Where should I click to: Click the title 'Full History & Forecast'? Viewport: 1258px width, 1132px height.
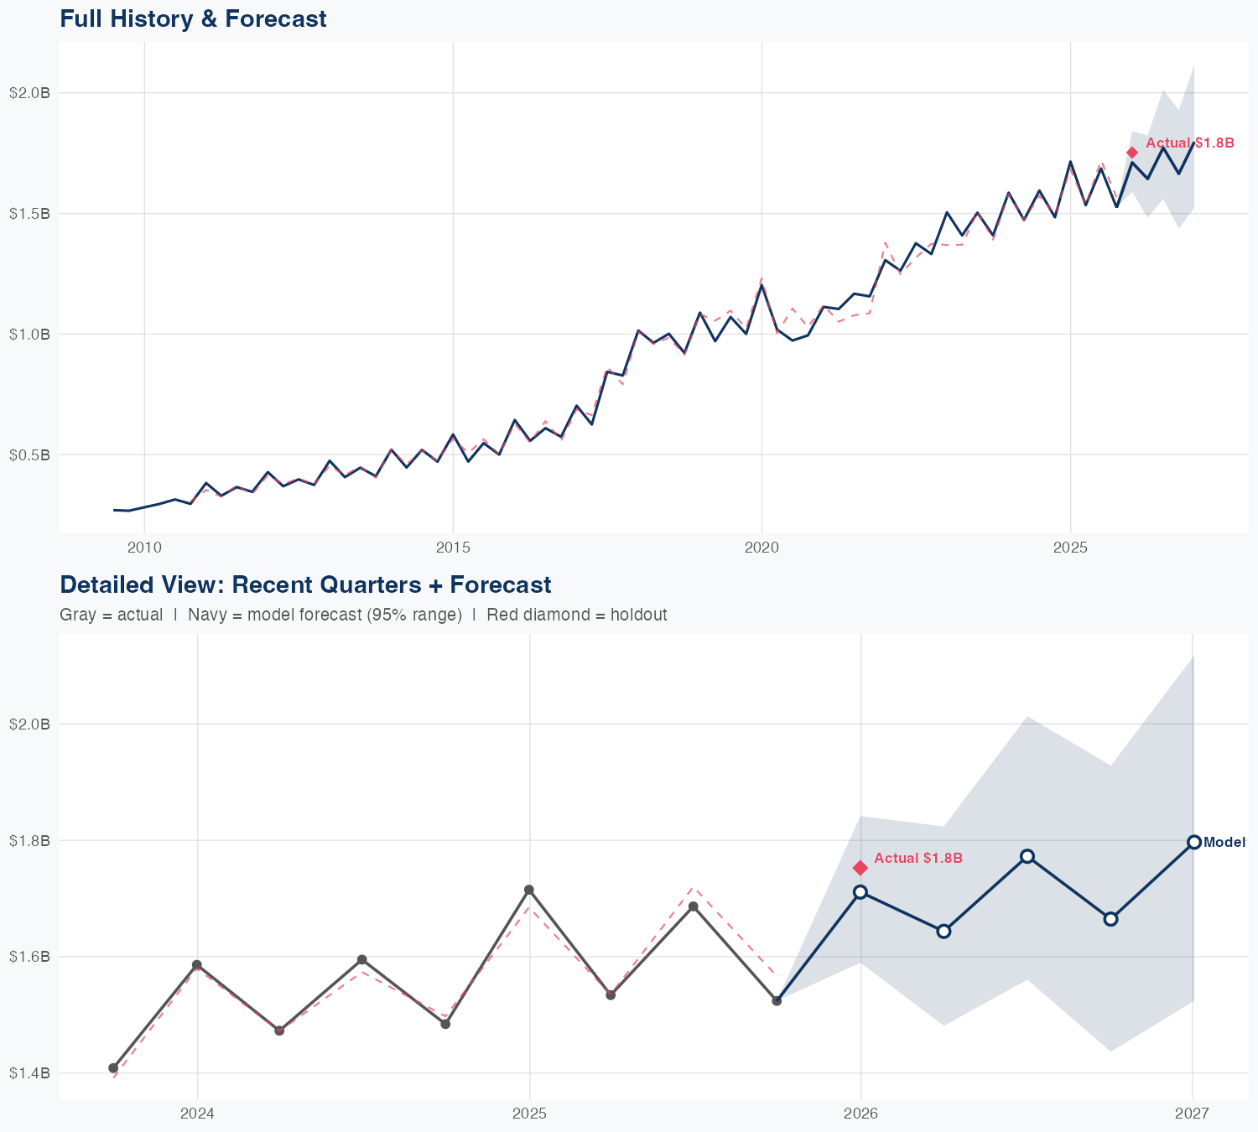(193, 18)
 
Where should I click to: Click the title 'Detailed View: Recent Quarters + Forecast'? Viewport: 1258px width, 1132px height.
(305, 584)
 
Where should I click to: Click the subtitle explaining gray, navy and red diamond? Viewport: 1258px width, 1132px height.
(363, 615)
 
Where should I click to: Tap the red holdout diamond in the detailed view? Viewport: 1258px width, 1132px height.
(860, 868)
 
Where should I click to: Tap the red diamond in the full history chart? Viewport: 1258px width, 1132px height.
(1132, 152)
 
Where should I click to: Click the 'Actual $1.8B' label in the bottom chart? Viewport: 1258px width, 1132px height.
(918, 859)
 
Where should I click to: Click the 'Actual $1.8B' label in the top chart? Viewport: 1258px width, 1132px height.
(1189, 143)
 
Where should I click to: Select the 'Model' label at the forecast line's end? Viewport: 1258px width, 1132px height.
(1224, 843)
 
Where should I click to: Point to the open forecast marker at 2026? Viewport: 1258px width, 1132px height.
(860, 892)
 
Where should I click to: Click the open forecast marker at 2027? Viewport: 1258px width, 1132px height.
(1193, 842)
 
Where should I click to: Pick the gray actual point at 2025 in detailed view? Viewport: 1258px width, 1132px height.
(529, 890)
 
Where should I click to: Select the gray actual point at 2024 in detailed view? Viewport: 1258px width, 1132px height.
(197, 965)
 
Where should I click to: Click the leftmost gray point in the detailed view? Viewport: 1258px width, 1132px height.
(113, 1068)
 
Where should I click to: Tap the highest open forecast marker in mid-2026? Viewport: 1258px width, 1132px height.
(1027, 856)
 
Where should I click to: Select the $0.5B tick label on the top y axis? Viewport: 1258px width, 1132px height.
(30, 455)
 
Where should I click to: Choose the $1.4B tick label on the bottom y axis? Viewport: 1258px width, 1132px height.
(30, 1073)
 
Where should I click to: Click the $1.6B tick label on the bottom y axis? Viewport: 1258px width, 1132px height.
(30, 957)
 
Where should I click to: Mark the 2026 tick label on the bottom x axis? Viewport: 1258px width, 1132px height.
(860, 1114)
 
